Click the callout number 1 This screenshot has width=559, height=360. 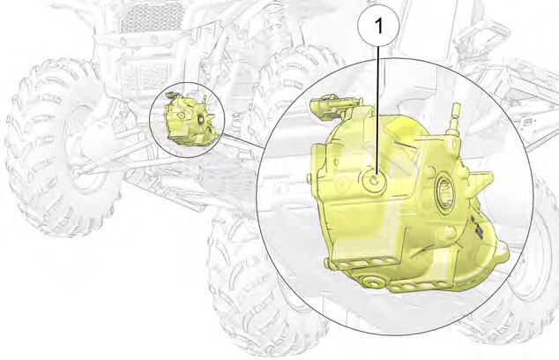coord(378,26)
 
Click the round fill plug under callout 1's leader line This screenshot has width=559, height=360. coord(374,181)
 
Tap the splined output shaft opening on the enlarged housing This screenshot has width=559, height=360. coord(445,193)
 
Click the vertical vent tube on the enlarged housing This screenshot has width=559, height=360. coord(455,120)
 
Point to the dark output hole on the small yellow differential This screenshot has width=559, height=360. coord(200,120)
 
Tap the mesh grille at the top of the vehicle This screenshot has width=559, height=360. coord(153,15)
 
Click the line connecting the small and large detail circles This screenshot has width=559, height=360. coord(244,140)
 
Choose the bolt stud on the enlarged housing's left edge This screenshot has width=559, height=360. coord(309,178)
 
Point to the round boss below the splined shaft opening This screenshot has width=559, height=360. coord(448,234)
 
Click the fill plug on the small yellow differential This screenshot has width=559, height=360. coord(181,116)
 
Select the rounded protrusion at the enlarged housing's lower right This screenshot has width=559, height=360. coord(502,251)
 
